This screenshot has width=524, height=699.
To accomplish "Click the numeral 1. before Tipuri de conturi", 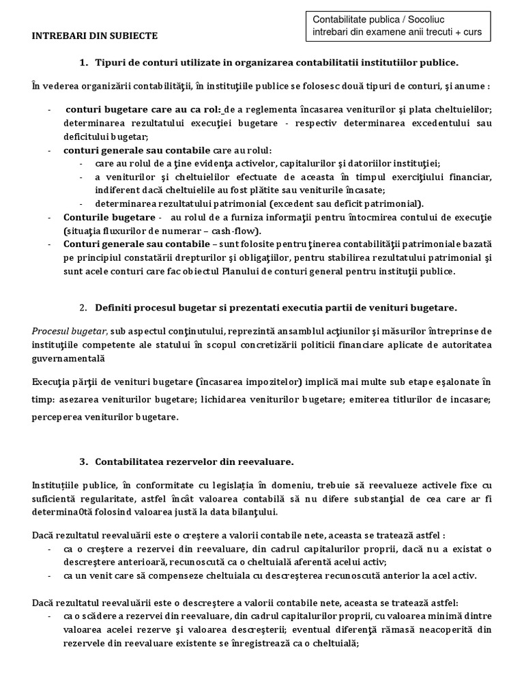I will (x=83, y=63).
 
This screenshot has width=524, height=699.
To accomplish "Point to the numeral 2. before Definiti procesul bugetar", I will (x=83, y=307).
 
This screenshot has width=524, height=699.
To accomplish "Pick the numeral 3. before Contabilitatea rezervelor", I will (x=83, y=461).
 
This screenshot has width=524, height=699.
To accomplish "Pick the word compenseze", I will (x=159, y=575).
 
